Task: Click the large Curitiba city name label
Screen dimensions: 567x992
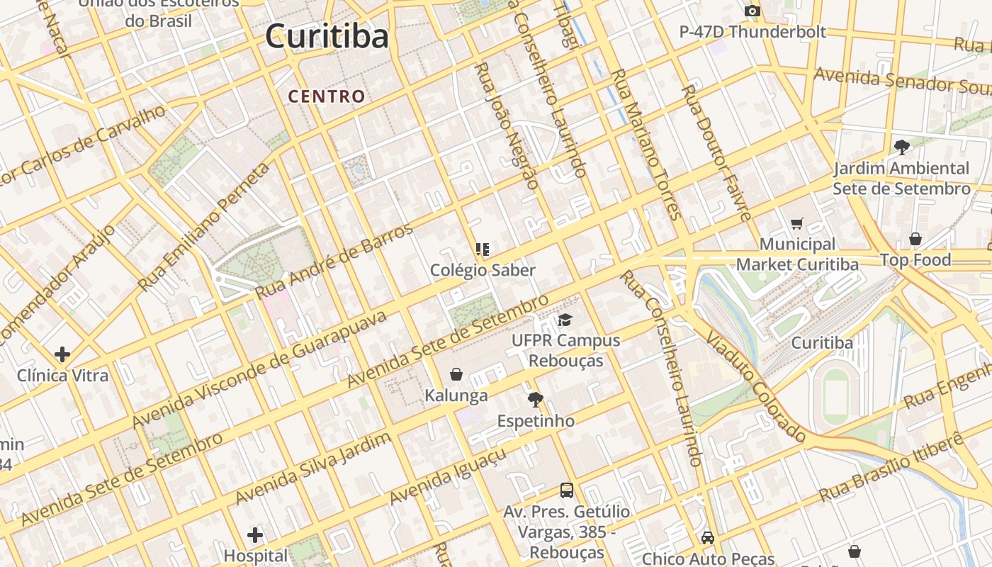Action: (327, 37)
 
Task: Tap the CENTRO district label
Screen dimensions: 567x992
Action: (327, 96)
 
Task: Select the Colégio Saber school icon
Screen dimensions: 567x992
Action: (483, 249)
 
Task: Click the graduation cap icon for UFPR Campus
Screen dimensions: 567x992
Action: (565, 320)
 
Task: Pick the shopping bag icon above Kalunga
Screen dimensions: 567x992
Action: (456, 374)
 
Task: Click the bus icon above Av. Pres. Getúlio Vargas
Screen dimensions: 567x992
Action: (567, 490)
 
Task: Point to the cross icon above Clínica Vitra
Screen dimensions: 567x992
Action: (62, 354)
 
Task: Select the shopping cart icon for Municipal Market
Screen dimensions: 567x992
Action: (797, 224)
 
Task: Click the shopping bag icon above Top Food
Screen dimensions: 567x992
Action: (915, 239)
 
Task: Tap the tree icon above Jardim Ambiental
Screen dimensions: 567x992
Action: (901, 147)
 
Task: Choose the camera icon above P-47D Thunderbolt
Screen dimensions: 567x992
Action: (753, 11)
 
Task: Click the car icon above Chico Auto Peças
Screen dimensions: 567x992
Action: (707, 538)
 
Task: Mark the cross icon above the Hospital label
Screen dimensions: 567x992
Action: (255, 535)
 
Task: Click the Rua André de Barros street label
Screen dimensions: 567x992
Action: (334, 261)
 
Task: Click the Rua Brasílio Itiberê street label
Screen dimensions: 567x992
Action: (891, 467)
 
